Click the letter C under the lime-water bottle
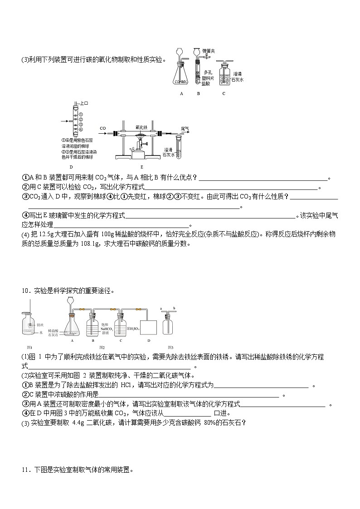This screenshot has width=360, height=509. pos(224,94)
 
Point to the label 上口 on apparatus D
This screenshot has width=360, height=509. pos(84,104)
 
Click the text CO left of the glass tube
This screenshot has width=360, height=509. pos(103,128)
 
